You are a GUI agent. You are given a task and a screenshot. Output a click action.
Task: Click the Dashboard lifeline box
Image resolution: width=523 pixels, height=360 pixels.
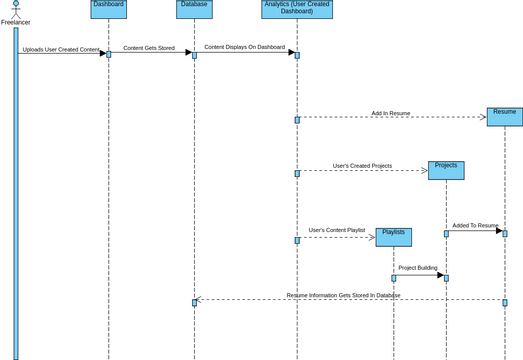[x=108, y=8]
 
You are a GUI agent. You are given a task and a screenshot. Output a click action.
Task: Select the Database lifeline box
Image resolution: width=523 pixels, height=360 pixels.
[x=194, y=8]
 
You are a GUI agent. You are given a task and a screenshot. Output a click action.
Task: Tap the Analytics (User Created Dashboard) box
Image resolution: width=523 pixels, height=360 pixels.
[x=297, y=9]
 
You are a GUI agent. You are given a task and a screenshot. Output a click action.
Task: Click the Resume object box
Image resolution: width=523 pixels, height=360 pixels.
[x=504, y=116]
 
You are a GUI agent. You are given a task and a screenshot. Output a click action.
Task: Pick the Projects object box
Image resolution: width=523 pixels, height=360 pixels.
[x=446, y=170]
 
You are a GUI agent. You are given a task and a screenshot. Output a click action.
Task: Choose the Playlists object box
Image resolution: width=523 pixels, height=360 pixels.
[x=393, y=236]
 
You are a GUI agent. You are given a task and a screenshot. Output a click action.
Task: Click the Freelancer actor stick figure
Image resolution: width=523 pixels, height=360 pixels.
[x=16, y=9]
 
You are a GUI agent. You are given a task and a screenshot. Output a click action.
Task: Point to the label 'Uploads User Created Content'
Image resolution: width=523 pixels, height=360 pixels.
[x=61, y=49]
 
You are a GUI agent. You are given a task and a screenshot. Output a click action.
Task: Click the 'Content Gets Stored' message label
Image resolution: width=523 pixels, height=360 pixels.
[x=150, y=47]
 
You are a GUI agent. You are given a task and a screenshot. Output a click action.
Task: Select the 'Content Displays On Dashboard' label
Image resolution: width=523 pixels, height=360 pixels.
[x=245, y=47]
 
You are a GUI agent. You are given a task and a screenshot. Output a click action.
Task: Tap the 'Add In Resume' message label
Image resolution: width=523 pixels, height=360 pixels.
[x=390, y=113]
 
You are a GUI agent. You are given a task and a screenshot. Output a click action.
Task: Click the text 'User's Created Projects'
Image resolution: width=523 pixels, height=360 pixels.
[x=362, y=166]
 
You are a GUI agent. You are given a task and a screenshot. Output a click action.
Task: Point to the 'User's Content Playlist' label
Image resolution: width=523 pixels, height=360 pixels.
[x=337, y=230]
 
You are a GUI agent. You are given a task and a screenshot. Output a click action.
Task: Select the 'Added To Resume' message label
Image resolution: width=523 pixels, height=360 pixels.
[x=474, y=226]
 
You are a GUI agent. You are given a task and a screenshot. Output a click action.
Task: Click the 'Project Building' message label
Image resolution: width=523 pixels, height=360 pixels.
[x=418, y=268]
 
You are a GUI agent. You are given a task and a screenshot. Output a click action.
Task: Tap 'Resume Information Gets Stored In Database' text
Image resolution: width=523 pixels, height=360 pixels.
[x=343, y=295]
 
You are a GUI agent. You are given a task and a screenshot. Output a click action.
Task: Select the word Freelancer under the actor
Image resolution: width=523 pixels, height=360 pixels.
[x=16, y=22]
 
